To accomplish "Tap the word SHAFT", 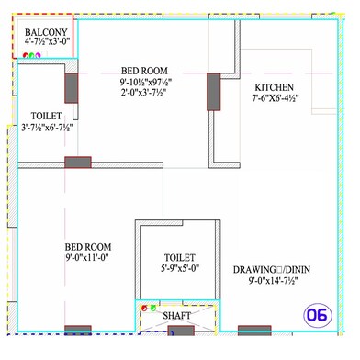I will pyautogui.click(x=178, y=316).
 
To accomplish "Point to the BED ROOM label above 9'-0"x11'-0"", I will pyautogui.click(x=87, y=248).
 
